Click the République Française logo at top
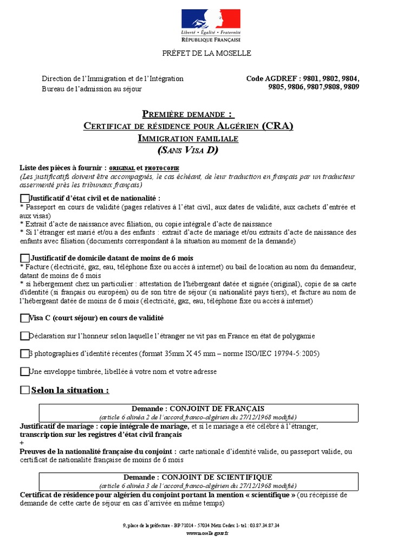coord(211,25)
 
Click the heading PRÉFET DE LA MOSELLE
coord(207,53)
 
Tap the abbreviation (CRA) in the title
coord(277,126)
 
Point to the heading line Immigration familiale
coord(188,138)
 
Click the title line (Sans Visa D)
coord(188,150)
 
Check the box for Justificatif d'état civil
coord(24,199)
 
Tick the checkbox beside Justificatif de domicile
coord(24,258)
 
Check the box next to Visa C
coord(24,318)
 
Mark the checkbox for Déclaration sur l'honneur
coord(24,336)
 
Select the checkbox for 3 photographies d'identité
coord(24,354)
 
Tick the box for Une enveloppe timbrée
coord(24,372)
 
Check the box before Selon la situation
coord(24,390)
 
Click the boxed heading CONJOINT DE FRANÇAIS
coord(198,408)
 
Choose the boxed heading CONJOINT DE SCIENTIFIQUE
coord(198,477)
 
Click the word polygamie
coord(298,336)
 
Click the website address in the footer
coord(207,533)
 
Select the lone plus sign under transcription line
coord(22,443)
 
